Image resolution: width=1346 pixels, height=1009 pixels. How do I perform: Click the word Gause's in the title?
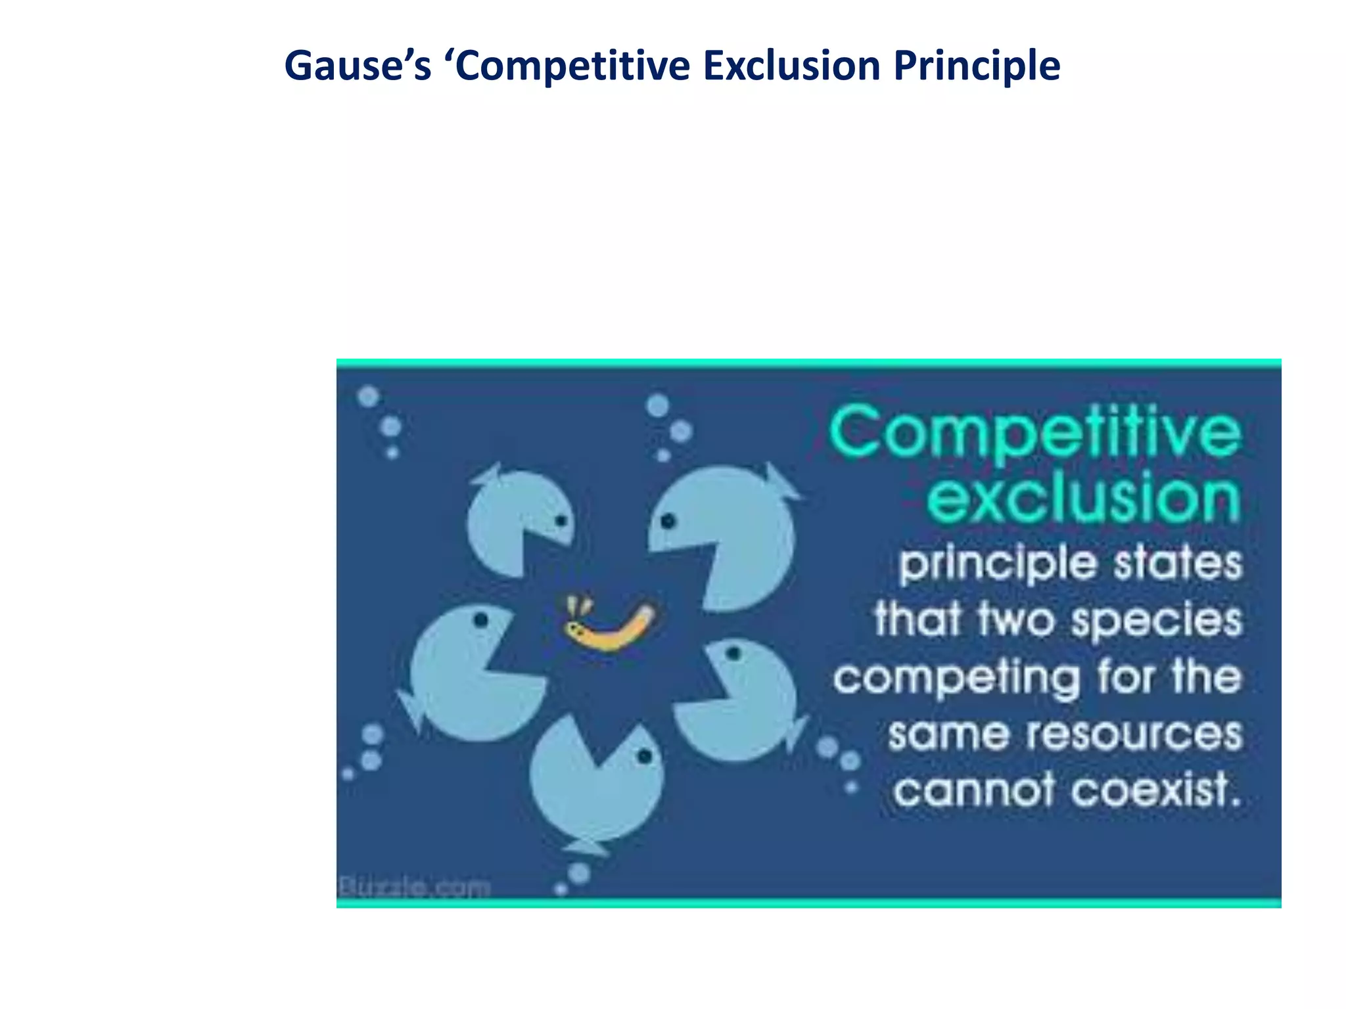pyautogui.click(x=358, y=66)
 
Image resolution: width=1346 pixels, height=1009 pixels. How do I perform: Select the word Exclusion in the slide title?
pyautogui.click(x=791, y=66)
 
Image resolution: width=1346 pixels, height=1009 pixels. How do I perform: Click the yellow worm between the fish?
pyautogui.click(x=611, y=628)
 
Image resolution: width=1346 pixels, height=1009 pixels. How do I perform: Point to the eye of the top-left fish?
pyautogui.click(x=561, y=520)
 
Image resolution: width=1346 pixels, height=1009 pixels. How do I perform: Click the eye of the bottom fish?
pyautogui.click(x=645, y=757)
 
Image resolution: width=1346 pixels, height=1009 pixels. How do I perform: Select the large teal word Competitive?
pyautogui.click(x=1035, y=432)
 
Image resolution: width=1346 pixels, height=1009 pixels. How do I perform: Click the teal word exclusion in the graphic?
pyautogui.click(x=1083, y=497)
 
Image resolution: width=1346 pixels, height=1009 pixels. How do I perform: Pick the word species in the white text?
pyautogui.click(x=1157, y=620)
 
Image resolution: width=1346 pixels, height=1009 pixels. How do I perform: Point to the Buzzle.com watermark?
pyautogui.click(x=414, y=887)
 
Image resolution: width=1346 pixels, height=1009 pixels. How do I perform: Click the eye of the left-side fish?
pyautogui.click(x=480, y=619)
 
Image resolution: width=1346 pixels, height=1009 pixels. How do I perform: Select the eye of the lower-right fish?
pyautogui.click(x=734, y=653)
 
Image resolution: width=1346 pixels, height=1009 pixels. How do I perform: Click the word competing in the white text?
pyautogui.click(x=956, y=679)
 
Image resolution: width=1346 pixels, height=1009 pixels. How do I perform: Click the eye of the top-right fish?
pyautogui.click(x=668, y=522)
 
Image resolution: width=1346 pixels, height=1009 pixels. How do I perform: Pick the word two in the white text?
pyautogui.click(x=1016, y=620)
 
